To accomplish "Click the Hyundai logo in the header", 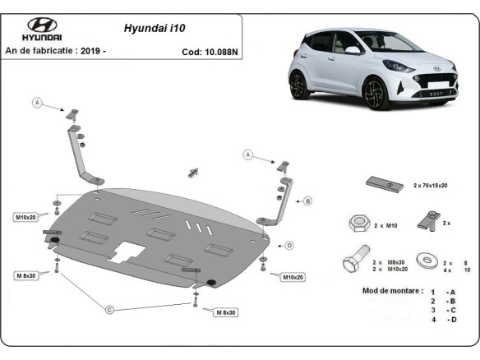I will click(41, 28).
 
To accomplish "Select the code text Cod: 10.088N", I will click(210, 51).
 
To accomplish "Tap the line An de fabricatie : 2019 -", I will click(56, 51).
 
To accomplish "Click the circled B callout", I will click(307, 201).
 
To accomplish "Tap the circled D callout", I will click(288, 245).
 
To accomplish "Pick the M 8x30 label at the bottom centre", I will click(224, 312).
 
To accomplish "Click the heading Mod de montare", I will click(392, 291).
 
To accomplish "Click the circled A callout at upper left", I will click(37, 103).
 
